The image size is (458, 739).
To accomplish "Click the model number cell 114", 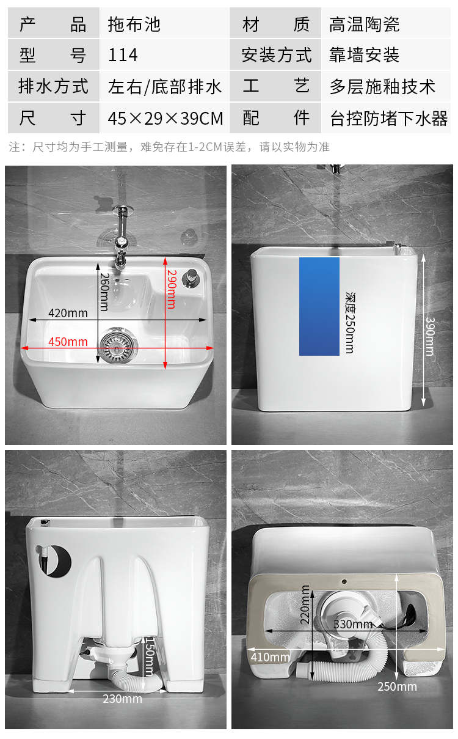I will (123, 56).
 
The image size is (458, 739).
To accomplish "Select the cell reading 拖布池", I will (134, 24).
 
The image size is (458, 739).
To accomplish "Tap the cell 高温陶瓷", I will (365, 24).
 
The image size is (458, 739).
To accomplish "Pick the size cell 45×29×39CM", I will (165, 118).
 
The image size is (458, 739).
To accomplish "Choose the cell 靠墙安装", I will (365, 56).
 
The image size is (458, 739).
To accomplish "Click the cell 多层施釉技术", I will (383, 87).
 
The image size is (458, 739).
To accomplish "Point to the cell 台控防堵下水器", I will (389, 118).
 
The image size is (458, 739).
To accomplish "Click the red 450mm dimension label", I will (68, 342).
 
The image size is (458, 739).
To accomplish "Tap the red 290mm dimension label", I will (172, 289).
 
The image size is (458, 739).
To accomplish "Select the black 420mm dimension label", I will (68, 314).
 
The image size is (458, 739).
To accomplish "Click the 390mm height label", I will (430, 336).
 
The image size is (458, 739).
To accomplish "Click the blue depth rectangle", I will (319, 306).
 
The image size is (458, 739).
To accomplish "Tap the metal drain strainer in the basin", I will (116, 346).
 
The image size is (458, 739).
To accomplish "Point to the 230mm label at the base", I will (122, 699).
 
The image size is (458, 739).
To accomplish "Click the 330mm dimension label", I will (353, 624).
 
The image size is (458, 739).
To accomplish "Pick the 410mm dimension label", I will (269, 657).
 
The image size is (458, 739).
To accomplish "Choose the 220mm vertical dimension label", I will (306, 604).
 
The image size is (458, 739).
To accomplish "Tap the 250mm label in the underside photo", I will (397, 686).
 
